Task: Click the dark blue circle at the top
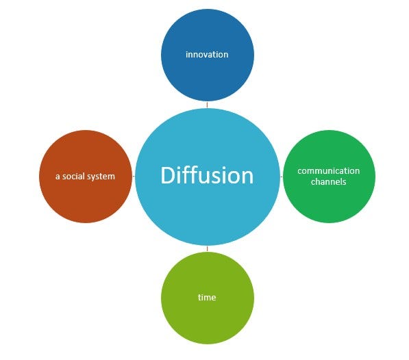click(x=208, y=55)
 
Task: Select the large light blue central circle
click(x=208, y=177)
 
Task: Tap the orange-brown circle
click(x=86, y=177)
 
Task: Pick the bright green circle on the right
click(x=329, y=177)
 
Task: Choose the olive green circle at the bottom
click(x=208, y=298)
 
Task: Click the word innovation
click(x=207, y=55)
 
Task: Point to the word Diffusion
click(x=207, y=175)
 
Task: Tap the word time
click(x=207, y=297)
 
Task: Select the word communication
click(x=329, y=171)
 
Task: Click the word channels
click(x=329, y=181)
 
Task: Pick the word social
click(x=74, y=177)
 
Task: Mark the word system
click(x=101, y=177)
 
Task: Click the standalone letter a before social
click(x=58, y=177)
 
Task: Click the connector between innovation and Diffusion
click(x=207, y=105)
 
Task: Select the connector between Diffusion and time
click(x=208, y=248)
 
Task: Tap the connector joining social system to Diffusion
click(x=134, y=177)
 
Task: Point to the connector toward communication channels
click(x=282, y=177)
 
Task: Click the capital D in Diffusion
click(x=167, y=175)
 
